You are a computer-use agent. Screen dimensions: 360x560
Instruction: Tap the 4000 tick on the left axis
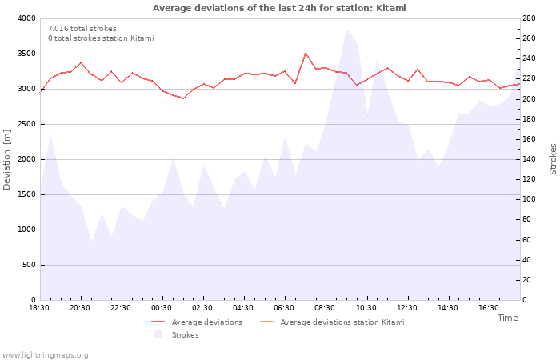26,18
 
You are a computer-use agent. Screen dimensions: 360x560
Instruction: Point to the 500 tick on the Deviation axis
29,265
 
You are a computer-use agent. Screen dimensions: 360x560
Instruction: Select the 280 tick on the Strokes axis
530,18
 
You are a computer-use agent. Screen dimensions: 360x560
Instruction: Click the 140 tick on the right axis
530,159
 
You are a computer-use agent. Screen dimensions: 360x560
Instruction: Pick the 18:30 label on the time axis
39,307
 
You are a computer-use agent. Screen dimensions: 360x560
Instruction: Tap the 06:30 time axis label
284,307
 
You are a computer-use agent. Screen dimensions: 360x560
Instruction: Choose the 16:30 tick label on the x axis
488,307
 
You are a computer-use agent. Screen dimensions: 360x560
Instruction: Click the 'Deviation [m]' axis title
7,159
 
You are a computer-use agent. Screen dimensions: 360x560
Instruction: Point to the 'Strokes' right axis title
553,159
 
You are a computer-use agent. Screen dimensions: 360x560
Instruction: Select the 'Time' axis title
507,318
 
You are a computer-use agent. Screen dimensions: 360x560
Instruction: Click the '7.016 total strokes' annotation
82,29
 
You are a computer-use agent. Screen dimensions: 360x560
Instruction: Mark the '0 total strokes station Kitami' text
101,38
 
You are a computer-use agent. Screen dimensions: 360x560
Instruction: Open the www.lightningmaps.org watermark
45,355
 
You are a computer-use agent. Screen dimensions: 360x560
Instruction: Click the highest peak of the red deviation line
306,53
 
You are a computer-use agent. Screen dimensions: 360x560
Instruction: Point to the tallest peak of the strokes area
346,30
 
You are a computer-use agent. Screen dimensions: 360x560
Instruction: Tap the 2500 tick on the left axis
26,124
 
